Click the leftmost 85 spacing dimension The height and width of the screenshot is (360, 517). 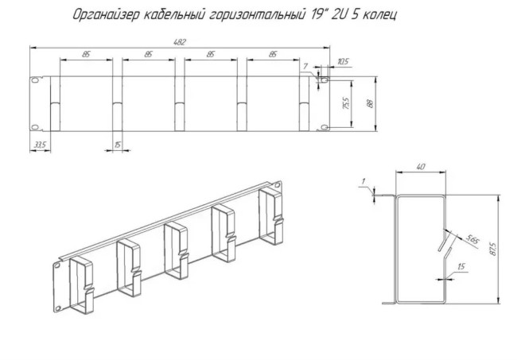click(84, 54)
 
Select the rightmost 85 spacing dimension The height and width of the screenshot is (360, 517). click(272, 54)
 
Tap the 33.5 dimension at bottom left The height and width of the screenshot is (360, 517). click(39, 145)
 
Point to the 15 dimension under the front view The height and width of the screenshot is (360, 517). click(118, 145)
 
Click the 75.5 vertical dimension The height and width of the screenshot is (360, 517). click(345, 103)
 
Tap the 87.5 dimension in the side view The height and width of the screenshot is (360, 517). click(493, 249)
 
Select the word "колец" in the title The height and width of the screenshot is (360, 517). click(376, 14)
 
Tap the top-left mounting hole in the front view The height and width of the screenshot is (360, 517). click(35, 80)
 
